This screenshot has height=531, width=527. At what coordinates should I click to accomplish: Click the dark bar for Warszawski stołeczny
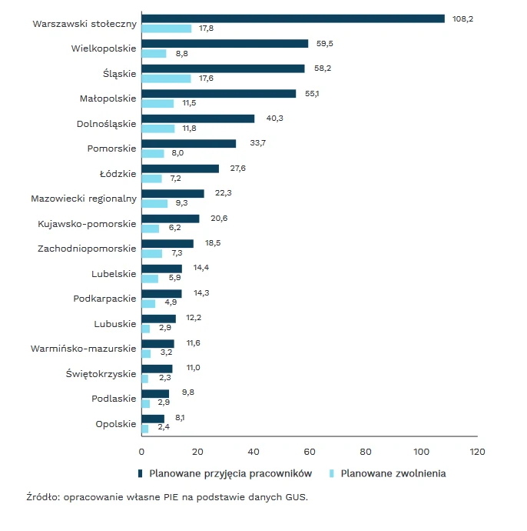pyautogui.click(x=293, y=18)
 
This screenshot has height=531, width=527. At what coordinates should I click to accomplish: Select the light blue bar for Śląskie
pyautogui.click(x=166, y=78)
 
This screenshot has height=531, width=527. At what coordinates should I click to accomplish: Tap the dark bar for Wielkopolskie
pyautogui.click(x=224, y=44)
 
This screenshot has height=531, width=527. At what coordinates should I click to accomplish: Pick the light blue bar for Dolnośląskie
pyautogui.click(x=158, y=129)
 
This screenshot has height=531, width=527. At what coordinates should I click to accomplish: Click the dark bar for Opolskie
pyautogui.click(x=153, y=419)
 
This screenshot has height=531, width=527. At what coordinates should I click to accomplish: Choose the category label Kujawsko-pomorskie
pyautogui.click(x=87, y=224)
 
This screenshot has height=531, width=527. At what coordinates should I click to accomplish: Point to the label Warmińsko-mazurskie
pyautogui.click(x=84, y=349)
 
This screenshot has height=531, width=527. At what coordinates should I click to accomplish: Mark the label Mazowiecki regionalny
pyautogui.click(x=84, y=199)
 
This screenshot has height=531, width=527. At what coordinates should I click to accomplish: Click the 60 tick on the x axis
pyautogui.click(x=310, y=452)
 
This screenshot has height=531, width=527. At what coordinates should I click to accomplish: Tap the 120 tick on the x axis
pyautogui.click(x=478, y=452)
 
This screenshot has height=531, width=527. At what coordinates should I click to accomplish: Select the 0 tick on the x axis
pyautogui.click(x=141, y=452)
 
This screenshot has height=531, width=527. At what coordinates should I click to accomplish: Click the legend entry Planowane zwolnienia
pyautogui.click(x=393, y=473)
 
